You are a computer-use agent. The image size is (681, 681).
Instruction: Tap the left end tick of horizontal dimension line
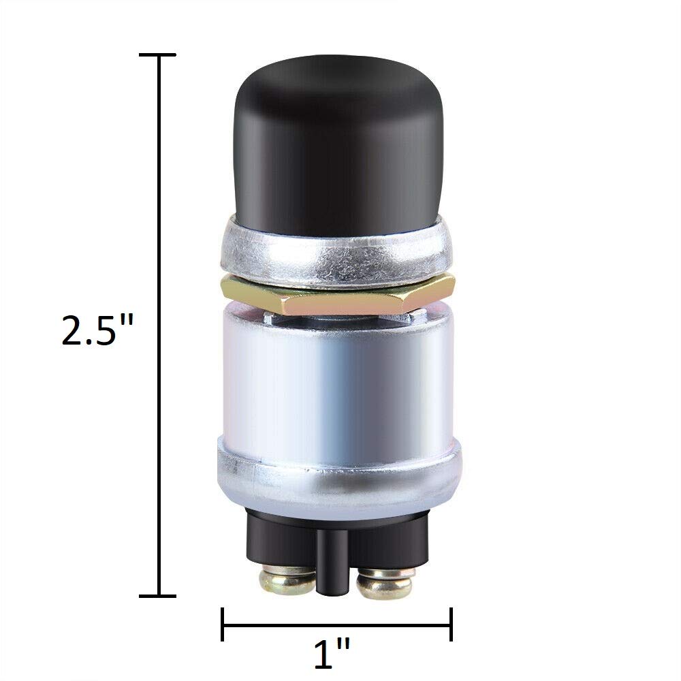(x=223, y=624)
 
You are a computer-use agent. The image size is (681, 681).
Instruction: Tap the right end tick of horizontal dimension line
(x=452, y=624)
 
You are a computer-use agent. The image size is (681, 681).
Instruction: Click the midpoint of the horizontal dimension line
(x=337, y=624)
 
